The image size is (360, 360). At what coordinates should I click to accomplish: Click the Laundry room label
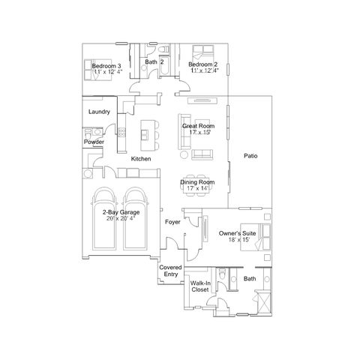click(99, 112)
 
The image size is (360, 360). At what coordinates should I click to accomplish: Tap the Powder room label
click(94, 142)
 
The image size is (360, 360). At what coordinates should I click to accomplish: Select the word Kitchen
click(141, 159)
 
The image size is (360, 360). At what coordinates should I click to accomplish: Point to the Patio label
click(250, 156)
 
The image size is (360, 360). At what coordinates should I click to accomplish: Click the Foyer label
click(172, 222)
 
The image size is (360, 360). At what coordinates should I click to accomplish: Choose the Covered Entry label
click(170, 271)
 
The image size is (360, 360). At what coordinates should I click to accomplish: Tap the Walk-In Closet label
click(200, 286)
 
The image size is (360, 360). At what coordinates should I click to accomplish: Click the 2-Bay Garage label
click(121, 212)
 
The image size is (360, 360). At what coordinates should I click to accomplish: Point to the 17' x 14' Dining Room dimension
click(197, 188)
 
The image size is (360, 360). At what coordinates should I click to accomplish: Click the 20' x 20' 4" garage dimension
click(121, 218)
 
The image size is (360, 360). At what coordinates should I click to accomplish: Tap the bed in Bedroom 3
click(98, 70)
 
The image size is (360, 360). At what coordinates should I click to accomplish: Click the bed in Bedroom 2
click(203, 53)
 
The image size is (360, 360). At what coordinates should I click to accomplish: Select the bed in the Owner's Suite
click(256, 237)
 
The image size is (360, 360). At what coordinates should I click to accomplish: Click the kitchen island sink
click(145, 135)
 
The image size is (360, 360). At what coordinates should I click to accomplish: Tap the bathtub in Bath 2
click(164, 65)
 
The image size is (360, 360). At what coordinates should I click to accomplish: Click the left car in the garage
click(104, 219)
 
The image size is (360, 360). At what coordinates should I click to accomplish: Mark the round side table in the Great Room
click(184, 154)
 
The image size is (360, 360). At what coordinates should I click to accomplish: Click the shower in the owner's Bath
click(264, 302)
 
